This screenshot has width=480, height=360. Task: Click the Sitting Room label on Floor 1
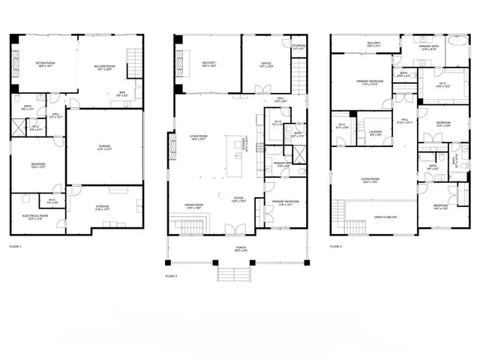(x=44, y=64)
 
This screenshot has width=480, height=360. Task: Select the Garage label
(x=104, y=147)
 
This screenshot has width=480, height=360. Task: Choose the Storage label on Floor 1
(x=102, y=207)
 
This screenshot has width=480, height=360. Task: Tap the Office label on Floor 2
(x=266, y=64)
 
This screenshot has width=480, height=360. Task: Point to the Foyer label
(x=238, y=199)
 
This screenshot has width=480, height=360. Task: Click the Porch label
(x=240, y=248)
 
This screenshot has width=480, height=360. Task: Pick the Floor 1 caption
(x=15, y=246)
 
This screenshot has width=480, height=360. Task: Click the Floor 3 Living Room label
(x=370, y=180)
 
